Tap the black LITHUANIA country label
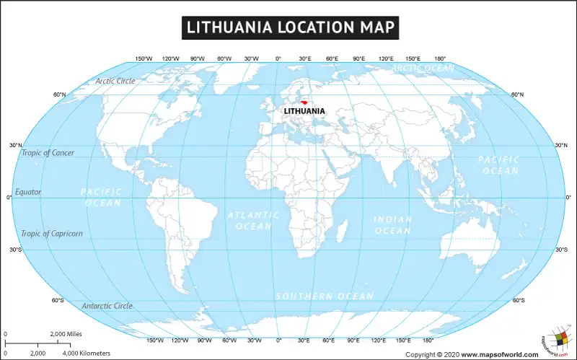point(304,111)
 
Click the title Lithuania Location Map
point(288,27)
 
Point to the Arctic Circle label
point(115,81)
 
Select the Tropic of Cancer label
point(48,153)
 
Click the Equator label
point(28,192)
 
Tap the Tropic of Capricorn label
point(52,234)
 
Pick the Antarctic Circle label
point(107,306)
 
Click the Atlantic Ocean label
point(254,221)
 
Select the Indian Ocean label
point(393,225)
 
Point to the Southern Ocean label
point(325,297)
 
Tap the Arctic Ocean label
point(423,69)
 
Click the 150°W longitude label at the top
point(144,58)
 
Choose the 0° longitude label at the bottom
point(278,340)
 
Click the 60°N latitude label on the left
point(59,95)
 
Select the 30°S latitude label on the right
point(561,250)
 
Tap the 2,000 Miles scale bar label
point(66,334)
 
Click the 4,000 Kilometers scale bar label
point(87,353)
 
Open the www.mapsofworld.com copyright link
point(500,354)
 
